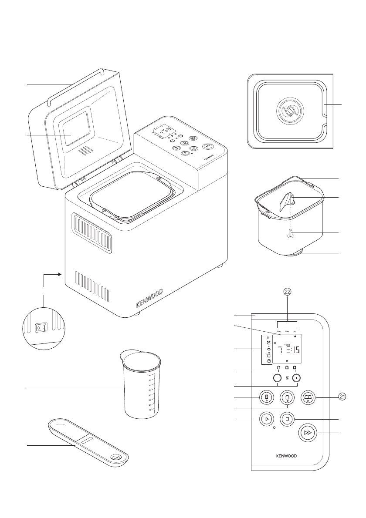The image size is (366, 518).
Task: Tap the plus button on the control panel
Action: (x=296, y=378)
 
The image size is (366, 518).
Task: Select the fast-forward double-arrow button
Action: (x=308, y=433)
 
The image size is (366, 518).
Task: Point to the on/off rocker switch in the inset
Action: (x=41, y=326)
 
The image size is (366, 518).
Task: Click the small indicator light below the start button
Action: (x=274, y=428)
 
